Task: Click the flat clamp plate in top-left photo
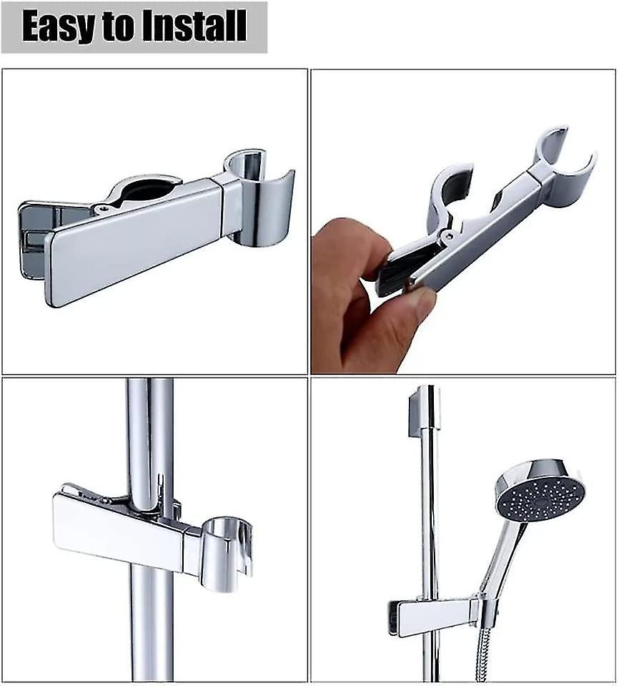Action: (x=136, y=243)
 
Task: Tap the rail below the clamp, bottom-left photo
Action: (x=151, y=629)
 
